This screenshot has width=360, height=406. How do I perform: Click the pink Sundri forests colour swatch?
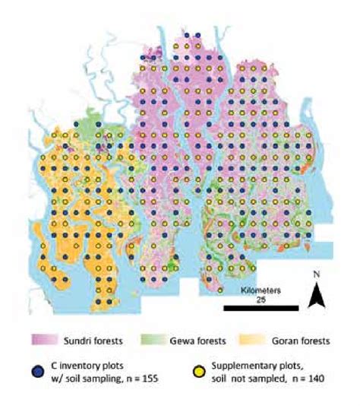(45, 339)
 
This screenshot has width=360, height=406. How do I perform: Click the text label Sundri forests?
(96, 339)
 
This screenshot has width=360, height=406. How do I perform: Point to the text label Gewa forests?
(197, 339)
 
